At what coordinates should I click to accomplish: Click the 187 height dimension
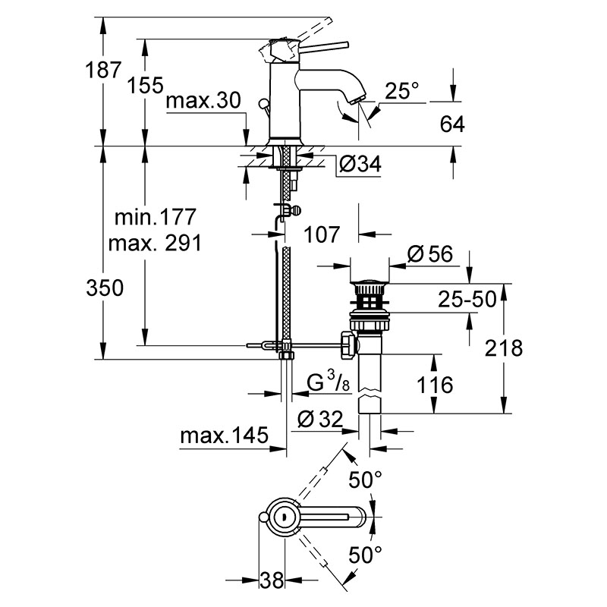pos(103,70)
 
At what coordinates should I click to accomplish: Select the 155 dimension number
pos(145,85)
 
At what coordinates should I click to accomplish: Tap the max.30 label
pos(203,101)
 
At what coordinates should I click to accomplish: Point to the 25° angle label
pos(402,90)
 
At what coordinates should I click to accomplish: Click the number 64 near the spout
pos(452,124)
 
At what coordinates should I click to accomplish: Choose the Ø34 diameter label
pos(360,164)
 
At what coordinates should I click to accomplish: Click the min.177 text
pos(156,217)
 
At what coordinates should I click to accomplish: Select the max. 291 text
pos(155,244)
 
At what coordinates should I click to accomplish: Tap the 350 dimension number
pos(105,288)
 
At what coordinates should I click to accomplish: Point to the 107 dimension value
pos(321,234)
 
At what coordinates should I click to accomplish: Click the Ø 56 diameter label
pos(429,254)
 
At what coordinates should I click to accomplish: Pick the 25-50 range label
pos(467,299)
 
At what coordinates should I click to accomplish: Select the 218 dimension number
pos(504,348)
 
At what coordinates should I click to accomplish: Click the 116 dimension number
pos(435,385)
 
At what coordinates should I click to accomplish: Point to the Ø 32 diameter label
pos(320,419)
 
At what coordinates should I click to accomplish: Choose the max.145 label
pos(224,435)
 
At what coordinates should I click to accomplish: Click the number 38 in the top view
pos(272,580)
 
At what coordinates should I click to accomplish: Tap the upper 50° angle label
pos(365,480)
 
